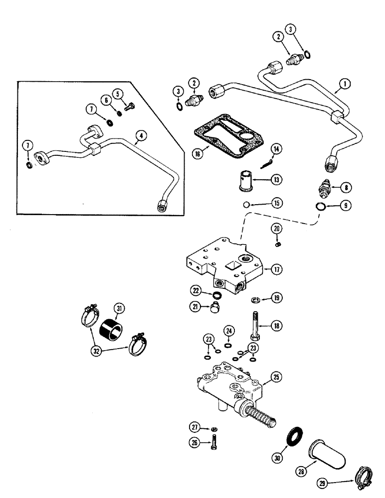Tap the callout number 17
click(x=278, y=269)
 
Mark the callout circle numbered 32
click(x=96, y=350)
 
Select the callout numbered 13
click(x=276, y=180)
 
